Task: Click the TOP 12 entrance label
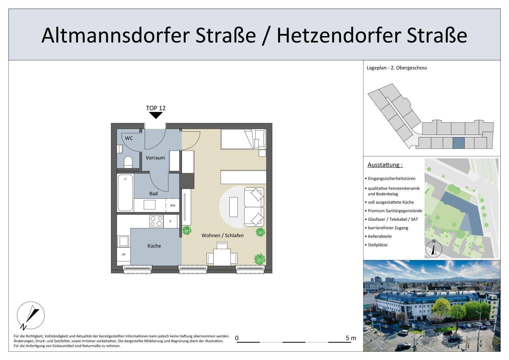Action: tap(156, 108)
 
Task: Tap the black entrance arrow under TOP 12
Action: tap(156, 115)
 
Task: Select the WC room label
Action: tap(129, 138)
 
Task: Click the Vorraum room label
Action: tap(155, 158)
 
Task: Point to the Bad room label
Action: tap(153, 194)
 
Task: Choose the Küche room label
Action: tap(154, 246)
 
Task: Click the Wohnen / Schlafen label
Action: tap(222, 235)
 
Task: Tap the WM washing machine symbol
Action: tap(172, 205)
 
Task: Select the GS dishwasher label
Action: tap(124, 254)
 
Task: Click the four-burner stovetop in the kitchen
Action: tap(156, 221)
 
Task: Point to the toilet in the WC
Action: tap(128, 162)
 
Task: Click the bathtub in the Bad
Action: tap(125, 193)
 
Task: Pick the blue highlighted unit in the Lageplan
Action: tap(458, 143)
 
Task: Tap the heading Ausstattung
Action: tap(385, 165)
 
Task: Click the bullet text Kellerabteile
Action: tap(380, 236)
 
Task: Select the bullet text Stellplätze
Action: tap(377, 245)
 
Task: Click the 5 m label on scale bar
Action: tap(351, 338)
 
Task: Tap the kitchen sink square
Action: tap(123, 241)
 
